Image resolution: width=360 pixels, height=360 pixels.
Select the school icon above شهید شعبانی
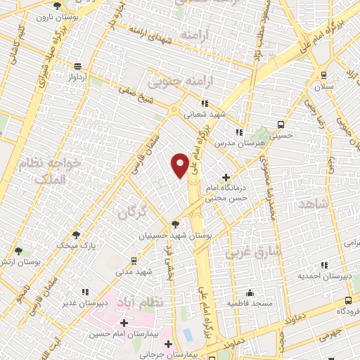[203, 104]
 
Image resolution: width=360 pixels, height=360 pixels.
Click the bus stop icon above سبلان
[323, 76]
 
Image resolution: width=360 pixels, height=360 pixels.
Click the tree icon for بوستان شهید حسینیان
[175, 224]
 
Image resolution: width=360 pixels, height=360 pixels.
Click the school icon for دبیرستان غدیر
[85, 292]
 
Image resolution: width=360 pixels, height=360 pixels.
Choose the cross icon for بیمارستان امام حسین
[124, 323]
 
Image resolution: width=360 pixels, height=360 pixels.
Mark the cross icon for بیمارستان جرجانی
[168, 345]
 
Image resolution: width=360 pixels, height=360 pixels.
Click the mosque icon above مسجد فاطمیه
[250, 293]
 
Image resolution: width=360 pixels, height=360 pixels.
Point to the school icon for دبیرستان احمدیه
[324, 265]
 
